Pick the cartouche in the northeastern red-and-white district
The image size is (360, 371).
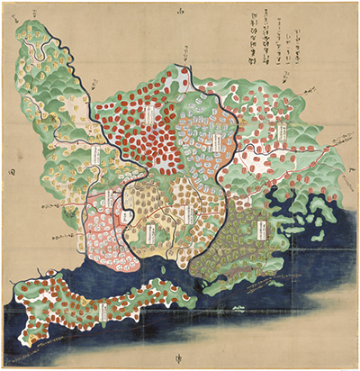click(281, 135)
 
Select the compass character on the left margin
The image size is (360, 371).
click(10, 167)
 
